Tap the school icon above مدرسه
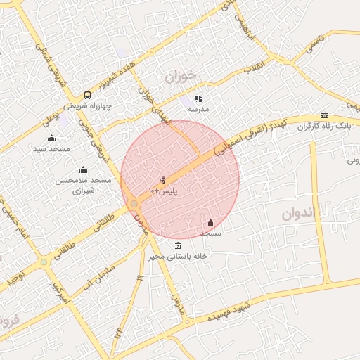[198, 99]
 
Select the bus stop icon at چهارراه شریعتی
[87, 94]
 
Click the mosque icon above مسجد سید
[51, 138]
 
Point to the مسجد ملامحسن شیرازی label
[84, 186]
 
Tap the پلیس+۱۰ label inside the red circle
[163, 191]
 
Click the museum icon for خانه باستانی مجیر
[177, 245]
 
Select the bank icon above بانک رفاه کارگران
[324, 115]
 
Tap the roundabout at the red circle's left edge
[134, 205]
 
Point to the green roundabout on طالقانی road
[44, 262]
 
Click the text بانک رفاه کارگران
[323, 127]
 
